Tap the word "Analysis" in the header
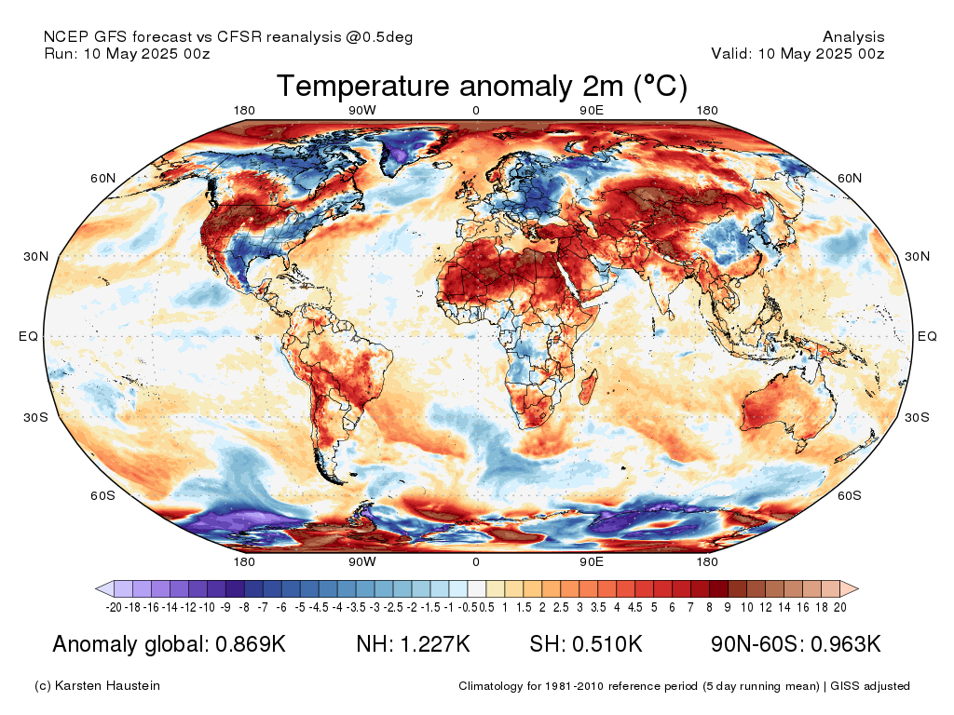853,37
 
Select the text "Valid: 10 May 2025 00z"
797,54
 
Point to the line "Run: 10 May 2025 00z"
127,54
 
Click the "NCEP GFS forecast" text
116,37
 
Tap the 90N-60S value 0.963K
843,644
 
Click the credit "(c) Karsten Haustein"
97,686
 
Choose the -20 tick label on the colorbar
115,607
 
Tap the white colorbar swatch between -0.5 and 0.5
477,588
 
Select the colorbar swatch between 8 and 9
718,588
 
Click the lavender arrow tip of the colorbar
102,588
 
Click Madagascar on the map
587,382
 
